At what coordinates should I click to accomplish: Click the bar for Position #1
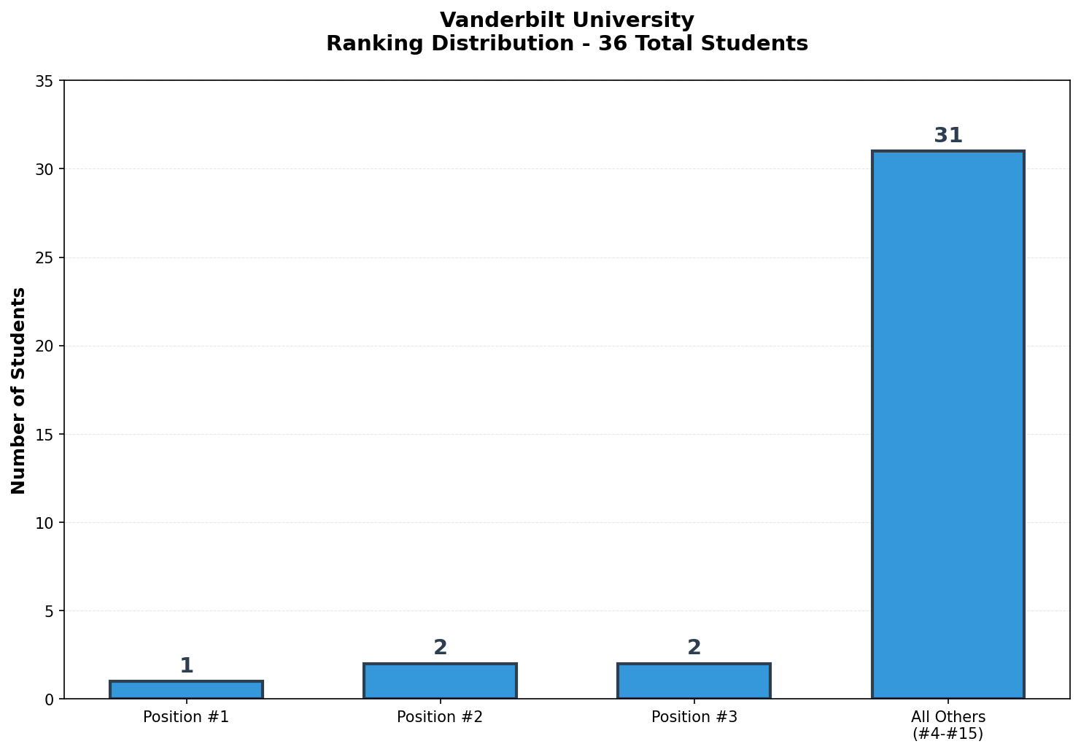pos(186,690)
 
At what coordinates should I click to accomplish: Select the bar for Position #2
pos(440,681)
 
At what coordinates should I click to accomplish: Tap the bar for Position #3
pos(694,681)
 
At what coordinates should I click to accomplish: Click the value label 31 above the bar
pos(948,136)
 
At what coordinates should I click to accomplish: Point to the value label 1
pos(186,665)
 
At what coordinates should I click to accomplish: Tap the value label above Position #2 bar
pos(440,648)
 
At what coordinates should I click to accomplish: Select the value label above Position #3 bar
pos(694,648)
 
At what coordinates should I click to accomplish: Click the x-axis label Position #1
pos(186,717)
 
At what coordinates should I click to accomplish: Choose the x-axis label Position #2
pos(440,717)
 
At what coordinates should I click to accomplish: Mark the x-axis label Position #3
pos(694,717)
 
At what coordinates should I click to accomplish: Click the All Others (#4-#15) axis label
pos(948,725)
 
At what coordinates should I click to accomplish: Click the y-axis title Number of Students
pos(19,390)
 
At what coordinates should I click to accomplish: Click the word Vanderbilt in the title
pos(488,20)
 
